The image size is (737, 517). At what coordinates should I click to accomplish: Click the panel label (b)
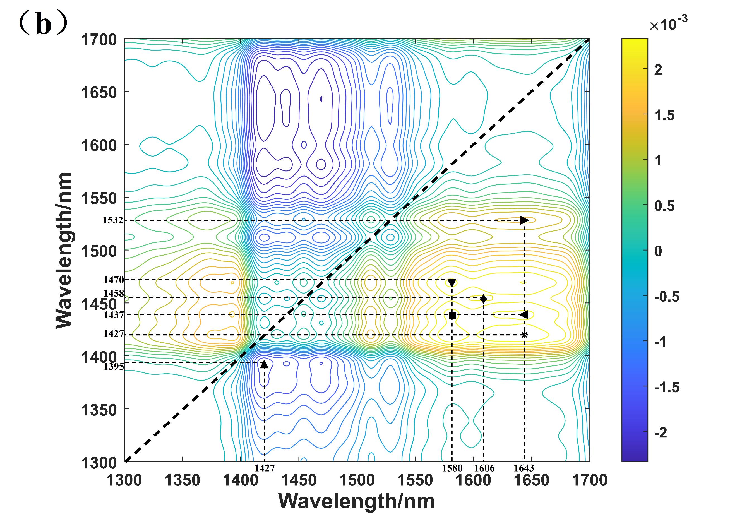[x=43, y=24]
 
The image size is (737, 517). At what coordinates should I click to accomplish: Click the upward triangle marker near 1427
[x=264, y=364]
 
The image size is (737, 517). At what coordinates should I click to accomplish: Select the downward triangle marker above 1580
[x=452, y=283]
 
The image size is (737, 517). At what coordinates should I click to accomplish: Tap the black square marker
[x=452, y=315]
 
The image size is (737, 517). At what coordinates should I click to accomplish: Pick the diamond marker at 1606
[x=483, y=299]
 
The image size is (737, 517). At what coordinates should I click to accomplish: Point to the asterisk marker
[x=525, y=335]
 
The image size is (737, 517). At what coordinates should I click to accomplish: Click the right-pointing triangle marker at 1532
[x=524, y=220]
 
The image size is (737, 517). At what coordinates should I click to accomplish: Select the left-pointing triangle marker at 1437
[x=524, y=315]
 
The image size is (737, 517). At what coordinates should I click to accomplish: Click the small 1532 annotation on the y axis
[x=113, y=220]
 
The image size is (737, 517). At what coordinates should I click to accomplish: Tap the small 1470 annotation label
[x=113, y=280]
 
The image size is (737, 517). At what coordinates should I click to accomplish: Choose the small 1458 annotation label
[x=113, y=293]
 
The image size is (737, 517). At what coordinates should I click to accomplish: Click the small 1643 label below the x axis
[x=524, y=468]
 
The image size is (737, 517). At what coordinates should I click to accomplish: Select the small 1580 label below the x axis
[x=452, y=468]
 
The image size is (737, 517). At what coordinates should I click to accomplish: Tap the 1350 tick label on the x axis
[x=182, y=480]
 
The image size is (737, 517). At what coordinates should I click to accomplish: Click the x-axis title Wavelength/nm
[x=357, y=501]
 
